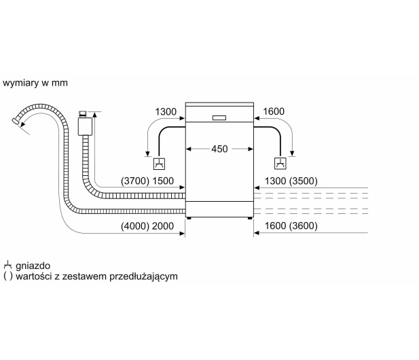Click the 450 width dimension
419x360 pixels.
[x=219, y=149]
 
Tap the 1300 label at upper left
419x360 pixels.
[x=166, y=111]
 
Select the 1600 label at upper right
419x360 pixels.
[x=274, y=111]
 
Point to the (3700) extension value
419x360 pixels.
[x=135, y=181]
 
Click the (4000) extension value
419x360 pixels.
[x=135, y=226]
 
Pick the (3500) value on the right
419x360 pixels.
[x=304, y=181]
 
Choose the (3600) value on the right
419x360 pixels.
[x=304, y=226]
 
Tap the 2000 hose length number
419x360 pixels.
[x=163, y=226]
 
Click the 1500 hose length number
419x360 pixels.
[x=163, y=181]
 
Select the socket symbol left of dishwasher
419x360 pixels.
[x=159, y=164]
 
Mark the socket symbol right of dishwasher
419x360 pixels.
[x=280, y=164]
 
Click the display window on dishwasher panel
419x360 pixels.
[x=219, y=118]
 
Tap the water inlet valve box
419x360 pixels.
[x=85, y=126]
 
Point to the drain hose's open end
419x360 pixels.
[x=16, y=121]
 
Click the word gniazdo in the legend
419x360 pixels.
[x=33, y=266]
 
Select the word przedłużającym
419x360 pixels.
[x=144, y=276]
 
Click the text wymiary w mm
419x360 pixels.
[x=35, y=83]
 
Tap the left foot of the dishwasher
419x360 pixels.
[x=189, y=218]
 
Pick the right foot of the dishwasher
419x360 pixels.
[x=250, y=218]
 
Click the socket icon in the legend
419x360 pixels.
[x=7, y=266]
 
